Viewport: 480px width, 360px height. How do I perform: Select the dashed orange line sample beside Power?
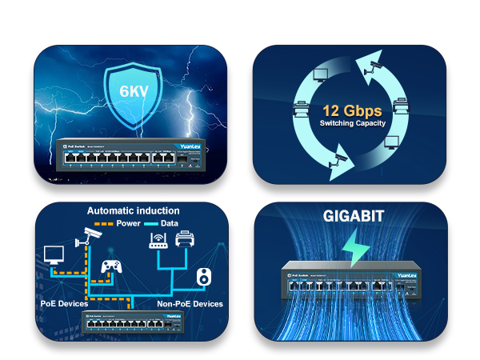[x=102, y=223]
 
